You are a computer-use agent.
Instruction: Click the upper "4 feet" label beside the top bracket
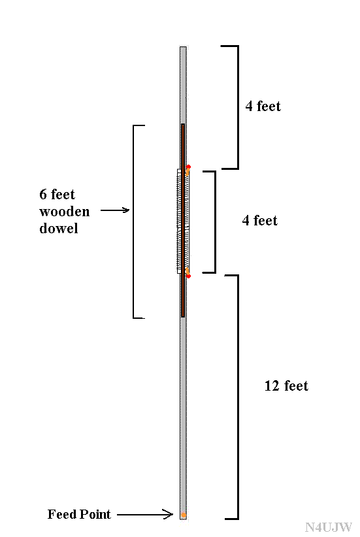[263, 106]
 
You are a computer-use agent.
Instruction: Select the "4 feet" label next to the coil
[259, 220]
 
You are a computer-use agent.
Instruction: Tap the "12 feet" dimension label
[286, 385]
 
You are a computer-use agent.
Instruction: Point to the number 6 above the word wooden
[43, 194]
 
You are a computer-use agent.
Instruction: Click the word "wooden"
[65, 212]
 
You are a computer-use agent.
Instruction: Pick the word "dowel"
[59, 228]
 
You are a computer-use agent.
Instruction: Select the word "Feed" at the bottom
[61, 514]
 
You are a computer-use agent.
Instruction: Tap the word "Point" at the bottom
[95, 514]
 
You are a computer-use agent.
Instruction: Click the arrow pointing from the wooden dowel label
[115, 210]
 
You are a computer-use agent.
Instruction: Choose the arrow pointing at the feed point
[145, 514]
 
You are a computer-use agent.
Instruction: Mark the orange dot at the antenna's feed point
[184, 515]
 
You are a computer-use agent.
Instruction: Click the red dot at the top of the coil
[188, 167]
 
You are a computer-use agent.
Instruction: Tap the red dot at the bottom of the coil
[188, 276]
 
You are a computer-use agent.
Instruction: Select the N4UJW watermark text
[328, 527]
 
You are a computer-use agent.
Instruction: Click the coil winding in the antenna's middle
[183, 221]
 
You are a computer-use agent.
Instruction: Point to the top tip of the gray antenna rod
[183, 47]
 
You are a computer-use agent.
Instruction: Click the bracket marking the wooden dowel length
[133, 222]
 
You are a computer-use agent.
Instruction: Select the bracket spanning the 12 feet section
[238, 397]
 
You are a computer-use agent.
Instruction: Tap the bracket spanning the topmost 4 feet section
[238, 107]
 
